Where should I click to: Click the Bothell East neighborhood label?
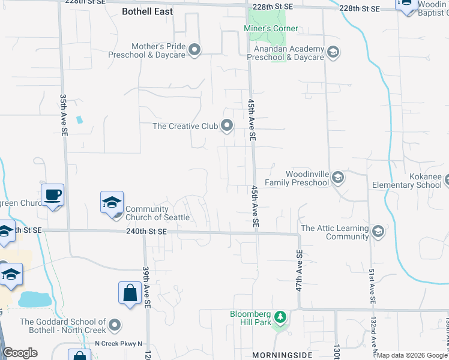pyautogui.click(x=147, y=11)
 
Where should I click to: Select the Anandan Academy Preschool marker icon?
pyautogui.click(x=333, y=53)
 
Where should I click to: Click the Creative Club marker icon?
pyautogui.click(x=227, y=125)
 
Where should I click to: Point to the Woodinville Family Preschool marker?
pyautogui.click(x=338, y=177)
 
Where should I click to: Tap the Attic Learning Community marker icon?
pyautogui.click(x=378, y=232)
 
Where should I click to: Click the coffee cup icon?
pyautogui.click(x=53, y=195)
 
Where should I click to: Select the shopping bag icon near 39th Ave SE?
pyautogui.click(x=130, y=293)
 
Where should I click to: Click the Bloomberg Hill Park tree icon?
pyautogui.click(x=279, y=316)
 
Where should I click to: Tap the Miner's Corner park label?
pyautogui.click(x=271, y=29)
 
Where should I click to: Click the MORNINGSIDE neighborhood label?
pyautogui.click(x=283, y=355)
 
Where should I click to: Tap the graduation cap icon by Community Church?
pyautogui.click(x=112, y=203)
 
